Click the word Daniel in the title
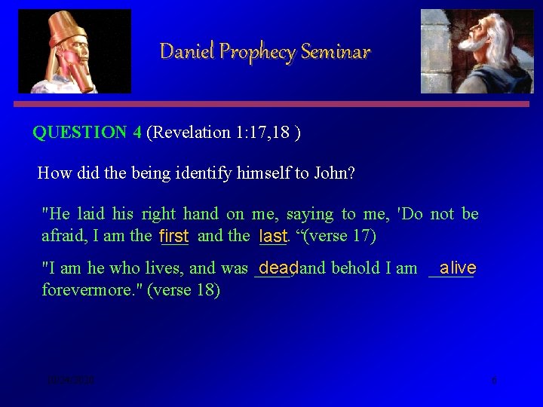tap(179, 51)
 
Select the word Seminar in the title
tap(336, 51)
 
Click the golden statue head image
tap(74, 50)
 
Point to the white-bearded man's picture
tap(476, 50)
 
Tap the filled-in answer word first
tap(173, 237)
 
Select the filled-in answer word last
tap(272, 237)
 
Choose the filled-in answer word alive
tap(457, 268)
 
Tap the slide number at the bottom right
tap(494, 381)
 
